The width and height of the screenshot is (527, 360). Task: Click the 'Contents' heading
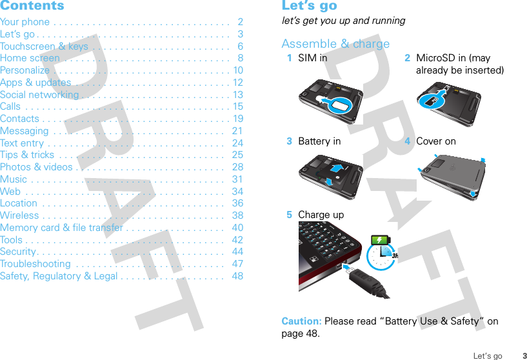click(x=32, y=6)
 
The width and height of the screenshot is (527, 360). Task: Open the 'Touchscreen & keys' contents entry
click(x=44, y=46)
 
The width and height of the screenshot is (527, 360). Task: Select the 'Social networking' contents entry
click(x=39, y=95)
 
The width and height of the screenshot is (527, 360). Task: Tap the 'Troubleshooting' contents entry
click(x=35, y=264)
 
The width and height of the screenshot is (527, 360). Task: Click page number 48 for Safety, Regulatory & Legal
click(x=237, y=276)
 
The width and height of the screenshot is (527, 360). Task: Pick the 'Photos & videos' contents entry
click(x=36, y=167)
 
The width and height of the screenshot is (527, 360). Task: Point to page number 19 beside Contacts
click(x=238, y=119)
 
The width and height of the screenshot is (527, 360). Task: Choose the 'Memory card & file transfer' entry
click(x=61, y=228)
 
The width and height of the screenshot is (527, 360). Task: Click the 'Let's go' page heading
click(x=309, y=6)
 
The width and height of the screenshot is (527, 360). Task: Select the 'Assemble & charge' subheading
click(x=335, y=44)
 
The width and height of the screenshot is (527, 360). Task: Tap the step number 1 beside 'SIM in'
click(x=290, y=58)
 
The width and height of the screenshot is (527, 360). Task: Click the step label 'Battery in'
click(x=319, y=141)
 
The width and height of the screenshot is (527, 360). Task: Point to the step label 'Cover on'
click(x=436, y=141)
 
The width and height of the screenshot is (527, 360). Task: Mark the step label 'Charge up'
click(x=321, y=215)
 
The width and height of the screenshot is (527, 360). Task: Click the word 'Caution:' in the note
click(x=302, y=321)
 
